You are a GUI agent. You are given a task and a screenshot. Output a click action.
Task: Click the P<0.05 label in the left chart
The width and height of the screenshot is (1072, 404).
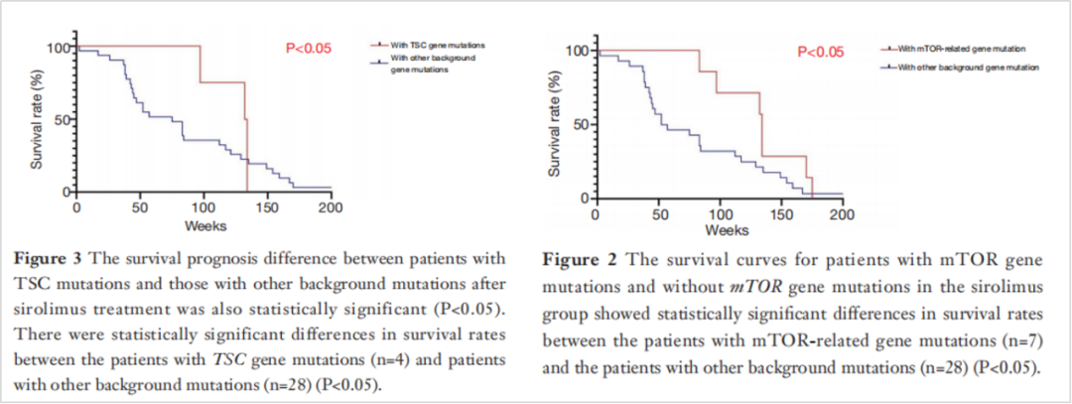(309, 47)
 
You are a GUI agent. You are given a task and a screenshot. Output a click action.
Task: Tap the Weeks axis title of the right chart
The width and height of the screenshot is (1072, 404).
(720, 230)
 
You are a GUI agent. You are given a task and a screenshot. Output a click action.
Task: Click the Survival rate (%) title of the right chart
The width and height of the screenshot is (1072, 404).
(555, 122)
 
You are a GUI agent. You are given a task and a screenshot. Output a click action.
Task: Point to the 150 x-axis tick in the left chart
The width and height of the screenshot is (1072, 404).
(267, 208)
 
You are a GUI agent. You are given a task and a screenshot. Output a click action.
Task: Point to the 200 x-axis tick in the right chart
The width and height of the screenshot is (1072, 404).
(842, 215)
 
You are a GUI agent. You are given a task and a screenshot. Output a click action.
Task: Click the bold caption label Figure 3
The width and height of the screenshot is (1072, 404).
(48, 258)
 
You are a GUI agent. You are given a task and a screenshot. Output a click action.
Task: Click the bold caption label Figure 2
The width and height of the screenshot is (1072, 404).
(578, 260)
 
